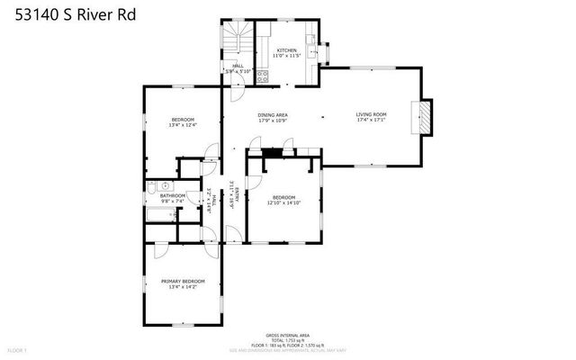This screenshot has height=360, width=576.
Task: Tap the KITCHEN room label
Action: tap(287, 50)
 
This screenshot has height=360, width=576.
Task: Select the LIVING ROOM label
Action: tap(371, 114)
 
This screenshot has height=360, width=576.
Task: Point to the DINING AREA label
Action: tap(273, 115)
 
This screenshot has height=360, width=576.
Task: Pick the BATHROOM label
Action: tap(173, 195)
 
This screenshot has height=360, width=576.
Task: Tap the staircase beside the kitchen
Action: tap(238, 40)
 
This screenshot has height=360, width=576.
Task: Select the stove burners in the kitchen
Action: tap(263, 76)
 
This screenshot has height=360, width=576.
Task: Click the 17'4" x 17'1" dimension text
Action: tap(371, 121)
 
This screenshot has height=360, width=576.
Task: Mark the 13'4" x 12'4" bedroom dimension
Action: tap(183, 125)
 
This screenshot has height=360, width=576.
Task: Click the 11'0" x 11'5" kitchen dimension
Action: tap(287, 57)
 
